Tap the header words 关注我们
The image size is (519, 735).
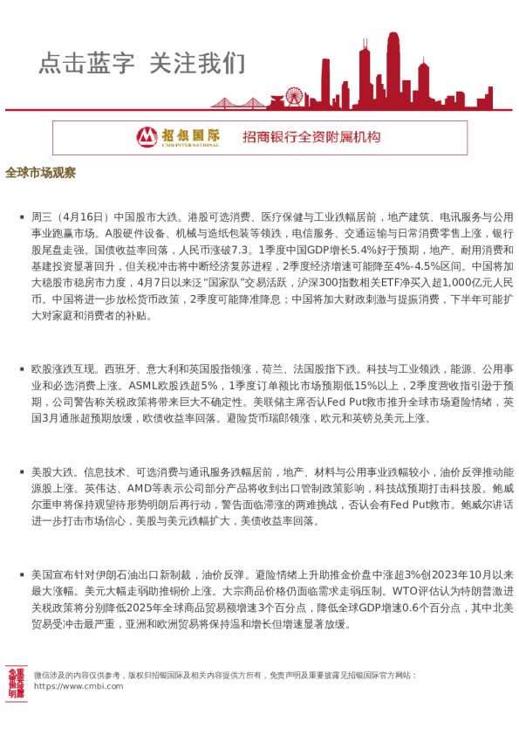tap(198, 63)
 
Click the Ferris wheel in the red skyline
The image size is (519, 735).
tap(295, 96)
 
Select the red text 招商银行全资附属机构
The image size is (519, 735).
tap(311, 137)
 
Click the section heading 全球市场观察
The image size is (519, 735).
tap(40, 172)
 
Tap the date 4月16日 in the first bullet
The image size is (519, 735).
tap(85, 216)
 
